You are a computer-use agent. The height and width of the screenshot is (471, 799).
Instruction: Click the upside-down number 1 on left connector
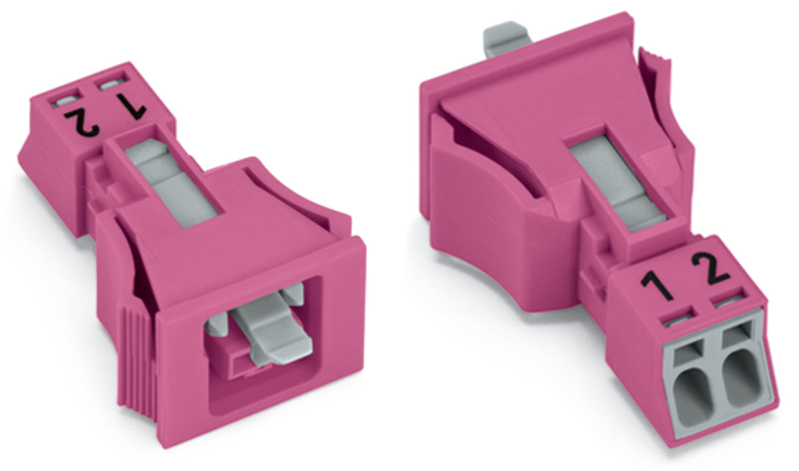point(132,106)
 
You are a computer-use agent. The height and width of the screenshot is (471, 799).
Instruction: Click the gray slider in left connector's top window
point(171,182)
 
